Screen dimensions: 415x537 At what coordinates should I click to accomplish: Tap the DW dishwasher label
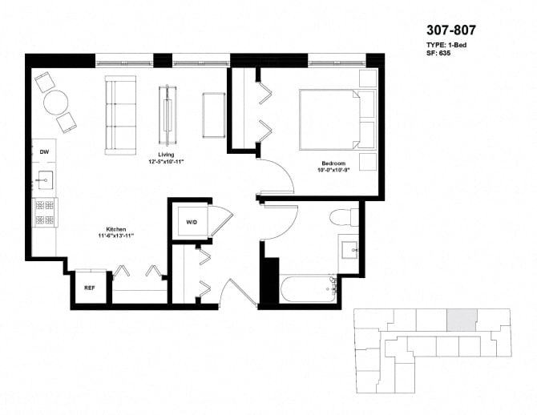(x=45, y=151)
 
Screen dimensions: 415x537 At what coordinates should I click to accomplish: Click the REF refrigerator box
(x=89, y=287)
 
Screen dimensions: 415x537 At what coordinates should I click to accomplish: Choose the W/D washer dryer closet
(x=192, y=222)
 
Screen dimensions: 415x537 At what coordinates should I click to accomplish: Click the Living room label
(x=166, y=154)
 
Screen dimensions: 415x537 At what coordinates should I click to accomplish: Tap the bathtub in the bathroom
(x=305, y=287)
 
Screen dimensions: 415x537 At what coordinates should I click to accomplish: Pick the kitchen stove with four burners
(x=44, y=213)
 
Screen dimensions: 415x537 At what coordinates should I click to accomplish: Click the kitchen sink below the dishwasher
(x=44, y=180)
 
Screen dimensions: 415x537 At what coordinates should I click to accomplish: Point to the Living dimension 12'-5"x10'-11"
(x=166, y=163)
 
